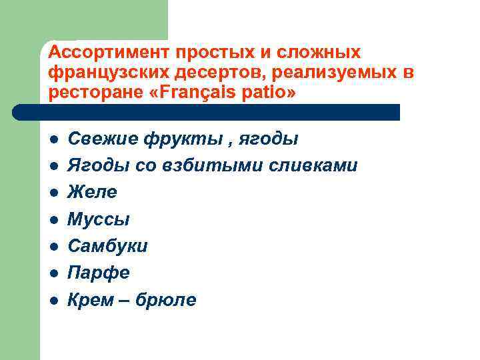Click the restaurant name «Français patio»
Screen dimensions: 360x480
point(219,93)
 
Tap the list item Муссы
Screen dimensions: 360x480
point(99,219)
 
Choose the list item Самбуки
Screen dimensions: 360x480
point(107,246)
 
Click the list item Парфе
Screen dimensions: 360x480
point(99,273)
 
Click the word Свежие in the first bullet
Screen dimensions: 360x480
point(99,139)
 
